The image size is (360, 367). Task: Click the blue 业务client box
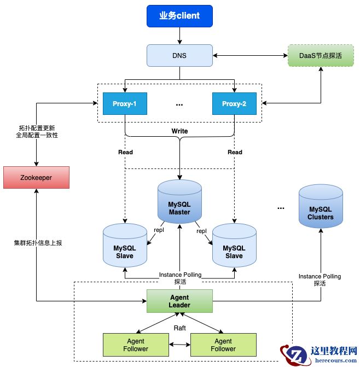[x=179, y=16]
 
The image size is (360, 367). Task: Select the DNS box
[x=179, y=56]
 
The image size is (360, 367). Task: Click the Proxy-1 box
[x=125, y=104]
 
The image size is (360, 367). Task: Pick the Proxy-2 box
[x=234, y=104]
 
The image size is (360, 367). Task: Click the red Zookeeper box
[x=37, y=178]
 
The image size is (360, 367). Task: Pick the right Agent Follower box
[x=223, y=345]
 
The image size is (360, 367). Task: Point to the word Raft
[x=179, y=327]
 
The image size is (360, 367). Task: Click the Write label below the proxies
[x=179, y=131]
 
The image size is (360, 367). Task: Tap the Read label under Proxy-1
[x=125, y=152]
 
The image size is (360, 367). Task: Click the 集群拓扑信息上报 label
[x=38, y=242]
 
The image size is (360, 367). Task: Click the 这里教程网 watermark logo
[x=319, y=354]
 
